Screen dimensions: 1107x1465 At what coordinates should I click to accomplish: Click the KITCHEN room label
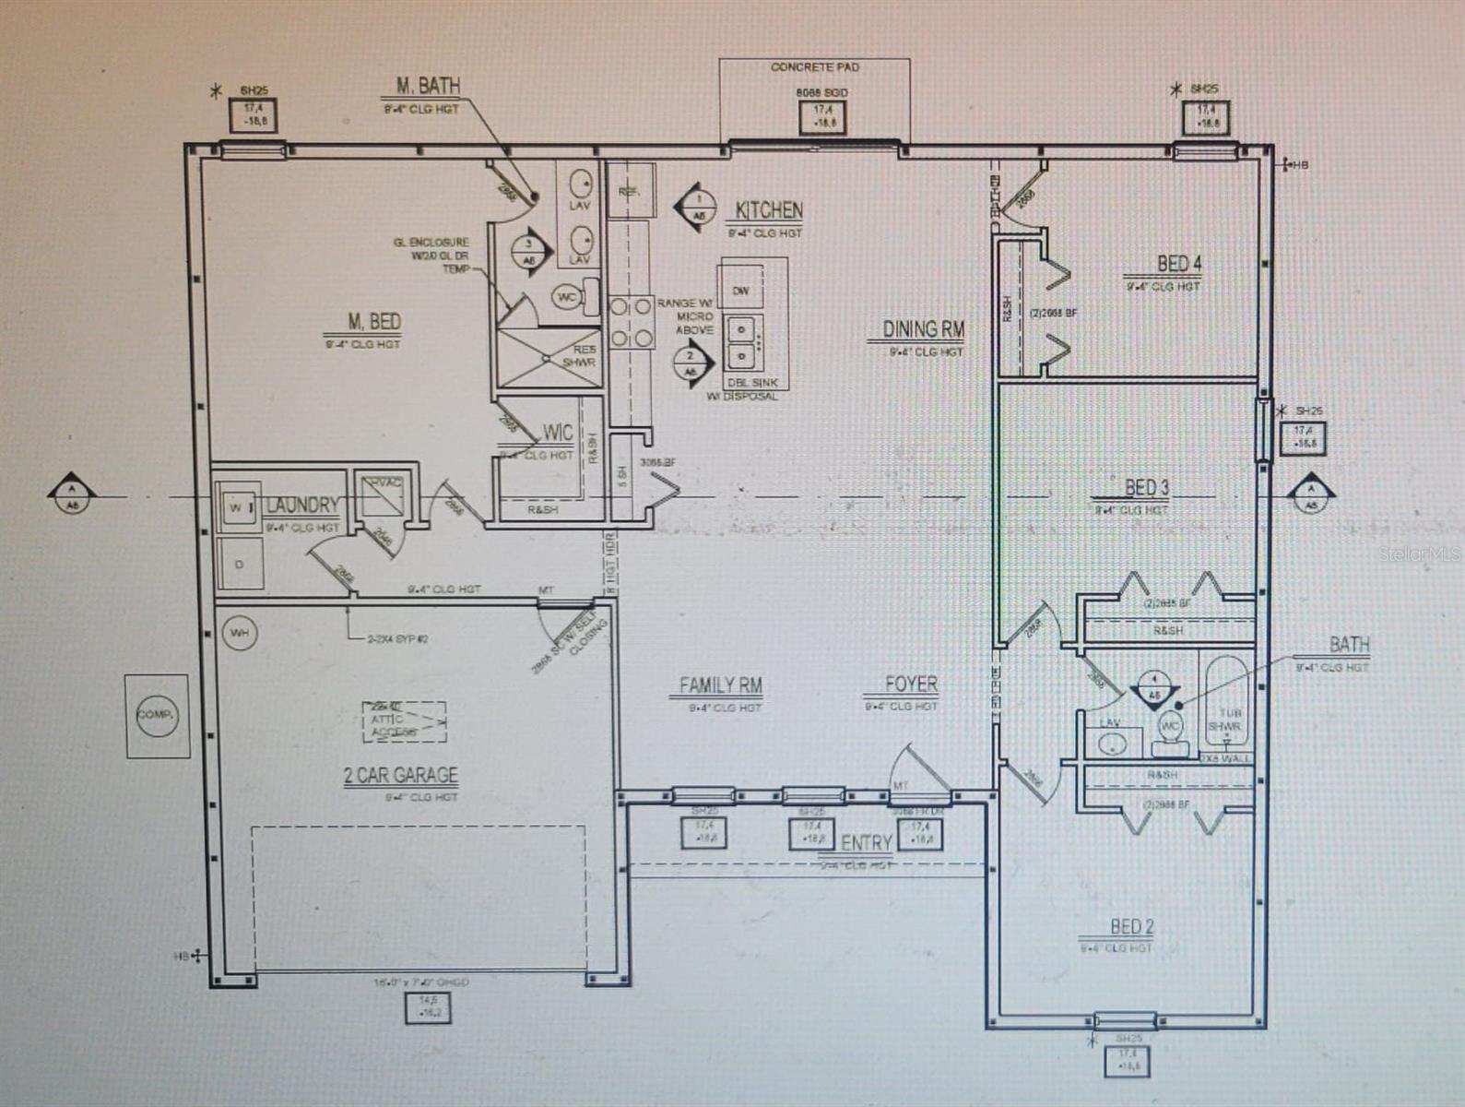768,210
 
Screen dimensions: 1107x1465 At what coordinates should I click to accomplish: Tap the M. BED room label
373,322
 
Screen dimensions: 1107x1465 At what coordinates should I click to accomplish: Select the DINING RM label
923,329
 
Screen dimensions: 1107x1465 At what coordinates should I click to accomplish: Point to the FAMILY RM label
720,685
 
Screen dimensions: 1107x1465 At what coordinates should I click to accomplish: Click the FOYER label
911,684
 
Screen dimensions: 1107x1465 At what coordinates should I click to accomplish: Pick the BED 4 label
1178,264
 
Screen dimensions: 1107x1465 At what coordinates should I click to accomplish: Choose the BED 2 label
1131,926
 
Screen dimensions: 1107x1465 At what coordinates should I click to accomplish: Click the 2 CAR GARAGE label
400,775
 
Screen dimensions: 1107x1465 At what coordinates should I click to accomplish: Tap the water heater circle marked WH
239,633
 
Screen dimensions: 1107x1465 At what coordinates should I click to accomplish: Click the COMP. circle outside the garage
157,715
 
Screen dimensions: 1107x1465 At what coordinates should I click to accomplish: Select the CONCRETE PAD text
814,67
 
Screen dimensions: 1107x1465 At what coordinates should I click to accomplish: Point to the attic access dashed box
403,721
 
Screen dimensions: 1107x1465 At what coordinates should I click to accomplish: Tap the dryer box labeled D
240,564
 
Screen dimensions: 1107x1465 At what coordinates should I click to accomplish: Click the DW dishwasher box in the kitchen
740,290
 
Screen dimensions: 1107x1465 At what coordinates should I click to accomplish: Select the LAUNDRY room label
301,506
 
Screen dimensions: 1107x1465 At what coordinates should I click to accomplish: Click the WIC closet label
557,433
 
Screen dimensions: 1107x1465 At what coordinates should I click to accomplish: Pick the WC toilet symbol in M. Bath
566,297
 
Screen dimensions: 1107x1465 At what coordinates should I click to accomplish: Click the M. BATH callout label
428,86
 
